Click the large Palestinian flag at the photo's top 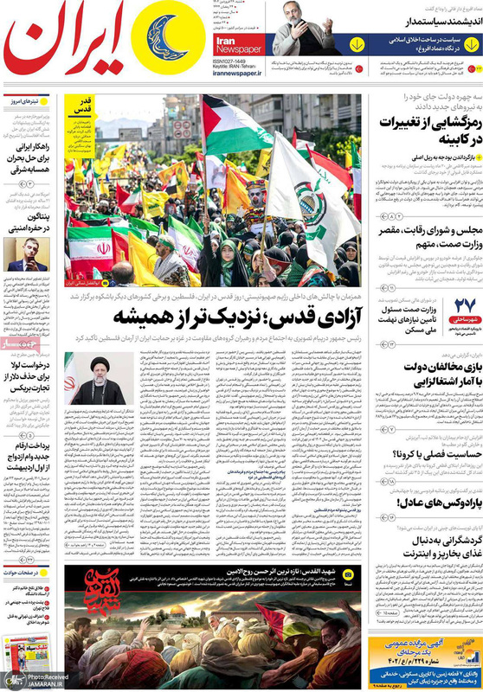point(234,130)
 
